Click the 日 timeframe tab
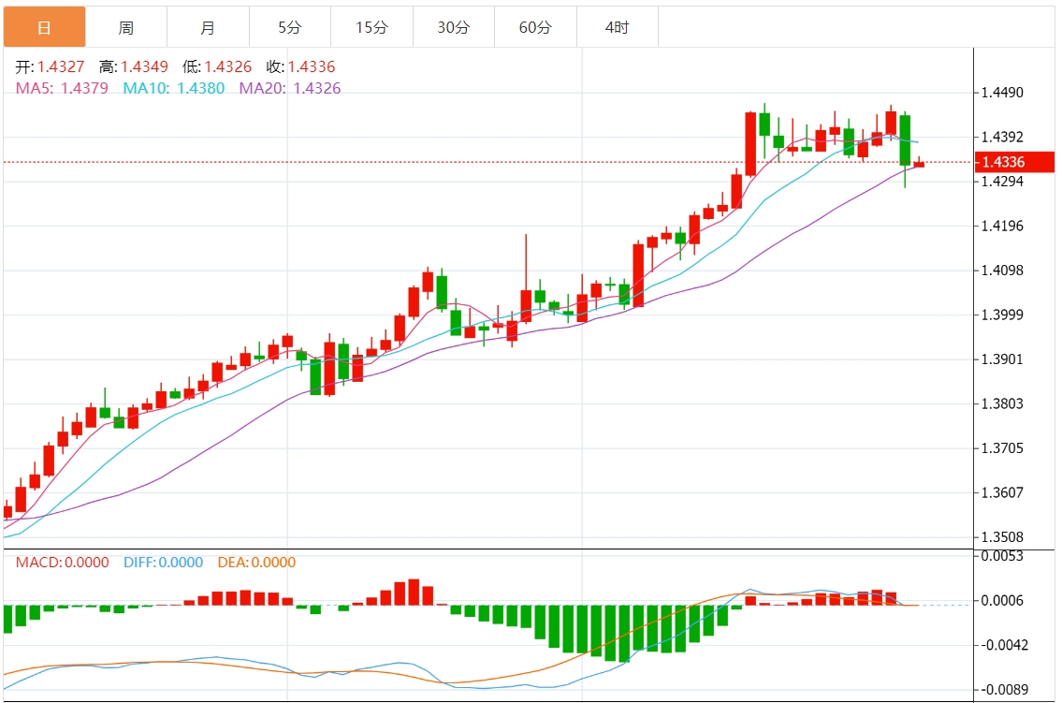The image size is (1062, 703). tap(44, 28)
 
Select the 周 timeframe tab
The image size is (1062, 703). tap(125, 28)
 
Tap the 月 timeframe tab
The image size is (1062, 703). tap(208, 28)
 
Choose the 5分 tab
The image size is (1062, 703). tap(289, 28)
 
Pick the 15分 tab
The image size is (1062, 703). tap(371, 28)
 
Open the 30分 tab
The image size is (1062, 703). tap(453, 28)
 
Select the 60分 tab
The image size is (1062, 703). tap(535, 28)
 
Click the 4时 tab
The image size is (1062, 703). tap(617, 28)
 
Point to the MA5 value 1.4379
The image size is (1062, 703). tap(84, 89)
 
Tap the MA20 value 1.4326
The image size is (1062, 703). tap(317, 89)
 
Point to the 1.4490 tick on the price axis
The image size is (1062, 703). tap(1002, 93)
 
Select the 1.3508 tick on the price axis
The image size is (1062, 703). tap(1002, 537)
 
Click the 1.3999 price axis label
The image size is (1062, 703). tap(1002, 315)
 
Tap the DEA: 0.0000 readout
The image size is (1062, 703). tap(256, 563)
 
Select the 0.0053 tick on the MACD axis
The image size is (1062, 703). tap(1002, 556)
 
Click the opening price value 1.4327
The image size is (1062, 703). tap(61, 67)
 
